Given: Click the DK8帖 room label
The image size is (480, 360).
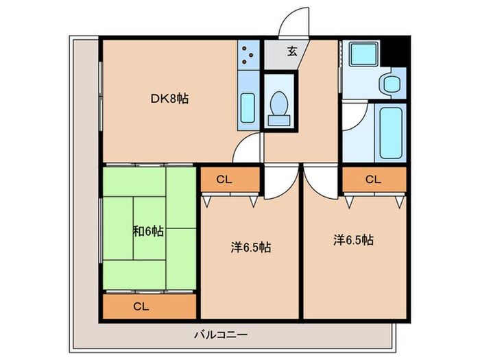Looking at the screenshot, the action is point(169,99).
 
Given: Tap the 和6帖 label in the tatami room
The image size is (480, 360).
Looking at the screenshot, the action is point(148,231).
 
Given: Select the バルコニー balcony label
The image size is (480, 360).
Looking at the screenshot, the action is point(221,335).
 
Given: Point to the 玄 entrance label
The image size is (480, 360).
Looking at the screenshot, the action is point(292,51).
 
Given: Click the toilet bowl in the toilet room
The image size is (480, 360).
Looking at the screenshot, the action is point(279,108).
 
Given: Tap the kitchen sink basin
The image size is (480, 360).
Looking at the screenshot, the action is point(248,108).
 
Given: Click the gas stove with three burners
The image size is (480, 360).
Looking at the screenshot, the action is point(248,55).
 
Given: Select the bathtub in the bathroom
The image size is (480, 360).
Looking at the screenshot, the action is point(391,133).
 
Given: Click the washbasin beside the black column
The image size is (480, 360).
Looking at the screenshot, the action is point(392,83).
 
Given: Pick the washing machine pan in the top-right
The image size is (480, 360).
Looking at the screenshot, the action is point(363,54).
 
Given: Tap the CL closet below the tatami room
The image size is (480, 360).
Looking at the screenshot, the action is point(149,307).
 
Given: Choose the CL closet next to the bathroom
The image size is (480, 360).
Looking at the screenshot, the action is point(374,180).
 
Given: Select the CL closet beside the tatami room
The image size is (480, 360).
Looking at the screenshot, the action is point(230,180).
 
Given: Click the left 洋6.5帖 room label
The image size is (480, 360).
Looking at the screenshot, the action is point(251,248).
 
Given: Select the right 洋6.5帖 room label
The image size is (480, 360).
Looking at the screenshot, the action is point(353,240).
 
